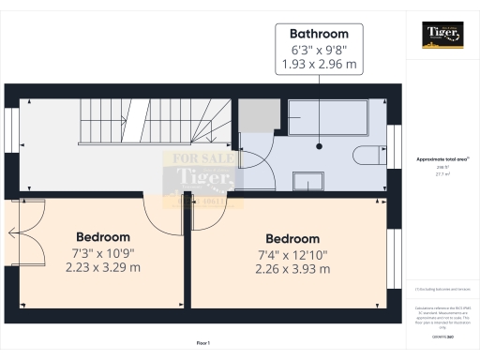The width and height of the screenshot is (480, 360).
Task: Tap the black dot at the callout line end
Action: point(319,145)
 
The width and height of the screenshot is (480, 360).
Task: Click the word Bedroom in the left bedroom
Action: point(103,237)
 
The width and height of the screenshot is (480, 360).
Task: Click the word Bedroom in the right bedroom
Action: point(293,239)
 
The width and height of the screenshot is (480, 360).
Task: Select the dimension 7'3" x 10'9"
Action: point(103,252)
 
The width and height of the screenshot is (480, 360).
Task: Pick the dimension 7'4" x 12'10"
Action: point(293,254)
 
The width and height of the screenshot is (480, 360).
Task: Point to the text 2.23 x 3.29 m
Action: point(103,267)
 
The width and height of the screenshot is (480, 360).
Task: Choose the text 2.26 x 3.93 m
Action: point(293,270)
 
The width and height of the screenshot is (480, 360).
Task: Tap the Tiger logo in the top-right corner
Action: point(441,35)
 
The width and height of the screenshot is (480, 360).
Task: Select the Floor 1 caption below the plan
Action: point(203,344)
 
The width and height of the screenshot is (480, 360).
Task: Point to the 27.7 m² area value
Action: point(441,173)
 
